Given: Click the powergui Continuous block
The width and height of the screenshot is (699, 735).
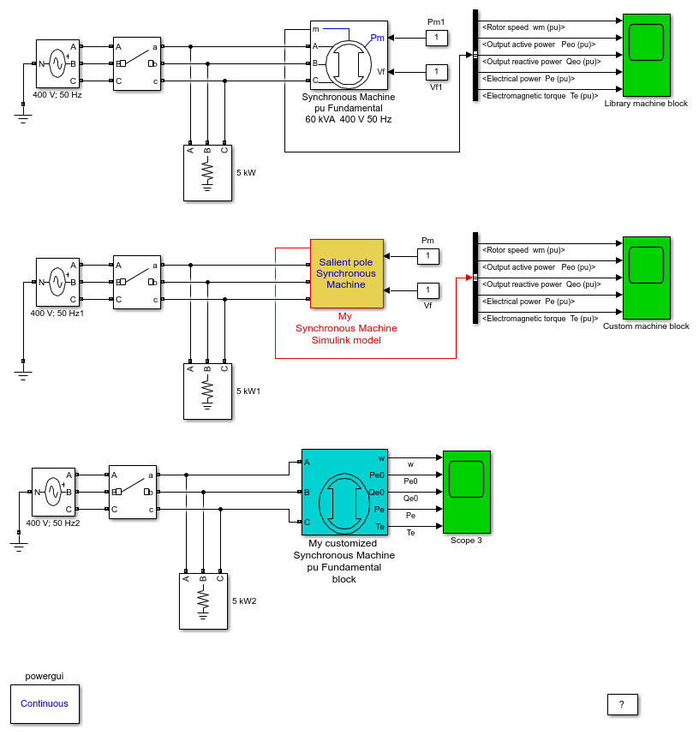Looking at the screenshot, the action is click(45, 703).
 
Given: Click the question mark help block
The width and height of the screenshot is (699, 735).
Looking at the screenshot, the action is click(622, 704).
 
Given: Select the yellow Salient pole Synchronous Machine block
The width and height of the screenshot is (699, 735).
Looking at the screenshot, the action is click(346, 274).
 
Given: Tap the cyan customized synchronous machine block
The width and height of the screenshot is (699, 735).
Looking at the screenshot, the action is click(344, 493).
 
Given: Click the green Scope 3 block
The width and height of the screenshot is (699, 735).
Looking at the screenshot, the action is click(467, 492).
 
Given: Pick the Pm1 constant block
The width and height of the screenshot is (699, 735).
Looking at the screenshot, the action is click(437, 38).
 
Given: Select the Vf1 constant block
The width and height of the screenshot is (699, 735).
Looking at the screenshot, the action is click(437, 72).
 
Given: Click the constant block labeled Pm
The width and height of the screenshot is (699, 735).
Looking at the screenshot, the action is click(428, 256).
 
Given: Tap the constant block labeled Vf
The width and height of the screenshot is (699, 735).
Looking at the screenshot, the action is click(428, 290).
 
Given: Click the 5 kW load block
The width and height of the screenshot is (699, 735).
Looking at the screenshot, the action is click(207, 173).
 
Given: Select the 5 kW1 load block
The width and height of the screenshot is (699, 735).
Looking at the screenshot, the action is click(207, 391).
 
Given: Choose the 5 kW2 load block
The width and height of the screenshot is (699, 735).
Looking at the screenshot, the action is click(204, 601).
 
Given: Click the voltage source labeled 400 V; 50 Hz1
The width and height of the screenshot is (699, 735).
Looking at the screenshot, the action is click(57, 282).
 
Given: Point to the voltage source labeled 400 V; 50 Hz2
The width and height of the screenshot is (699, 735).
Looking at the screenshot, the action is click(53, 492).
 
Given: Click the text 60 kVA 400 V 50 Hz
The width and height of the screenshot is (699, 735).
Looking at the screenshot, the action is click(349, 120).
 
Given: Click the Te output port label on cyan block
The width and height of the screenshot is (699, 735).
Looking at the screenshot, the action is click(379, 527).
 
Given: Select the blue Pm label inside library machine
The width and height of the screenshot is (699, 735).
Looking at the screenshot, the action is click(378, 38).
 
